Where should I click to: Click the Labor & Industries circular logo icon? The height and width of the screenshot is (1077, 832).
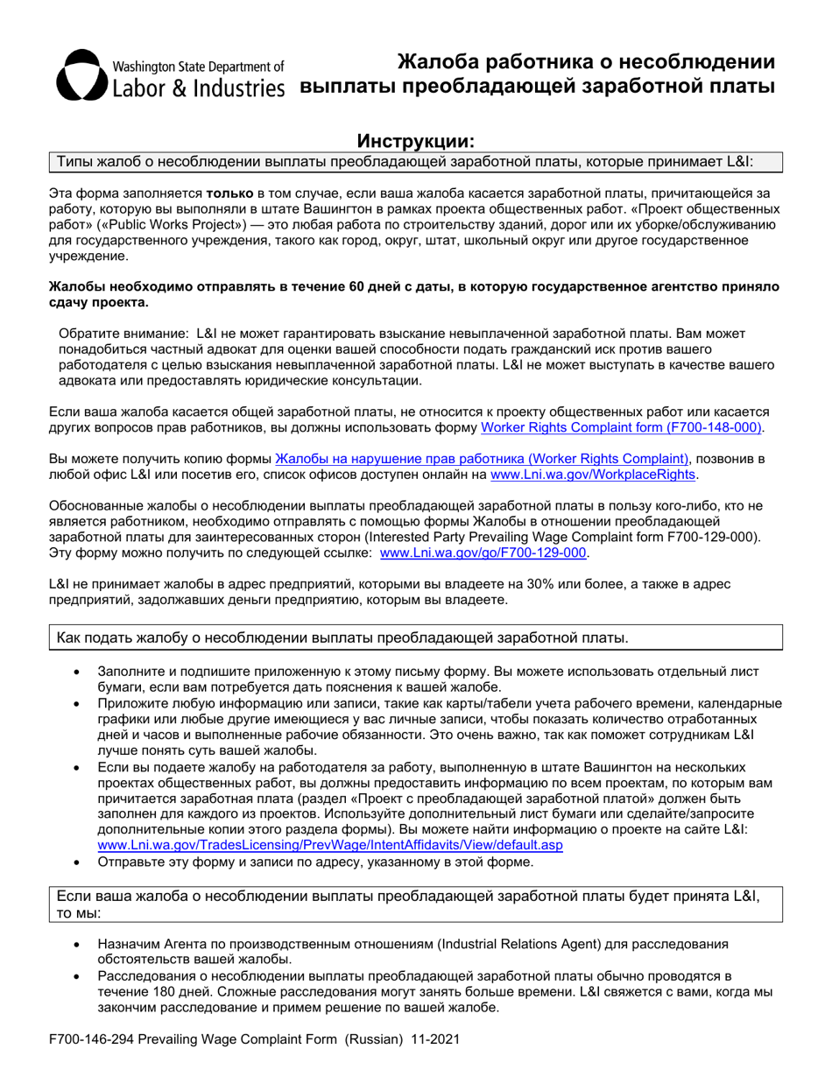[81, 74]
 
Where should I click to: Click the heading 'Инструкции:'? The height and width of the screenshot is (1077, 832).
[415, 141]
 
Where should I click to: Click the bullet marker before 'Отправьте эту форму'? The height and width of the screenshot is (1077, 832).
[78, 862]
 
